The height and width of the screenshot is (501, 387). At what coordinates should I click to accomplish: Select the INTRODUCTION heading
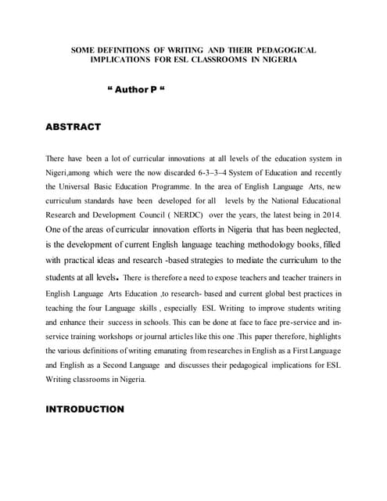click(x=85, y=409)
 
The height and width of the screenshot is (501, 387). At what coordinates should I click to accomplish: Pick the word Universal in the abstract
click(x=81, y=186)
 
